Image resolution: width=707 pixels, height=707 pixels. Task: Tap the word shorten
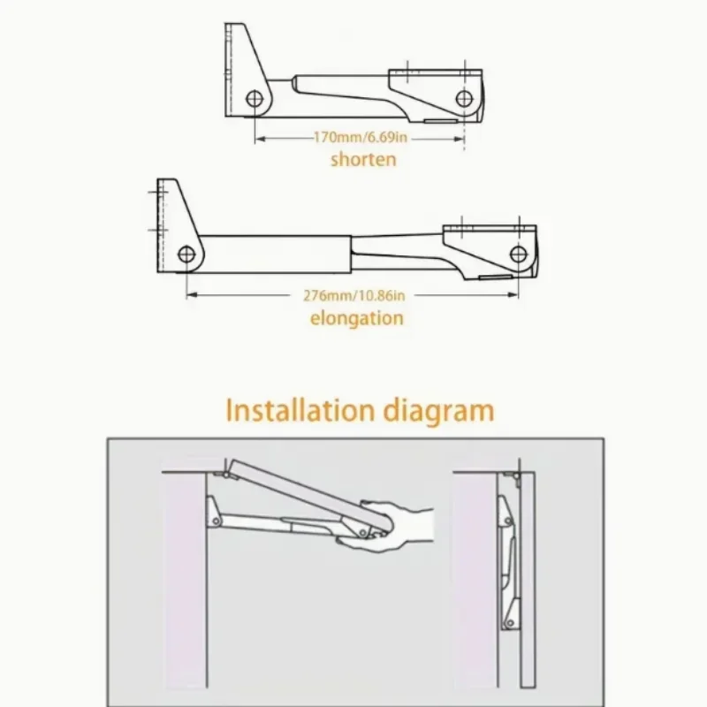[x=363, y=160]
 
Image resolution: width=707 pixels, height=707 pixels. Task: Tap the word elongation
[x=357, y=318]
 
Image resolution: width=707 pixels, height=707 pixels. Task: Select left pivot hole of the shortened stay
[x=254, y=97]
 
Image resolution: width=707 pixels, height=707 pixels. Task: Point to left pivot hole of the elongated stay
[x=186, y=255]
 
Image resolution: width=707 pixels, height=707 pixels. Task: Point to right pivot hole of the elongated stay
[x=518, y=255]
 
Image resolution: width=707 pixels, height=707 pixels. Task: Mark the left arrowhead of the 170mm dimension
[x=258, y=138]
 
